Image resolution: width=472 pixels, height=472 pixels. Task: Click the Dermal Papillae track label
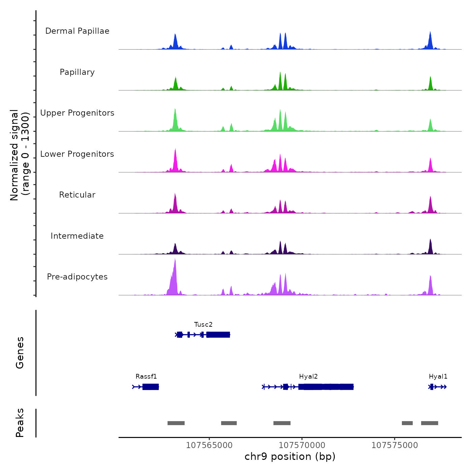click(77, 31)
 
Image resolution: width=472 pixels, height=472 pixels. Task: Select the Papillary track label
click(77, 72)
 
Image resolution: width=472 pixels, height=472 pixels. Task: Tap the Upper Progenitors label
click(77, 113)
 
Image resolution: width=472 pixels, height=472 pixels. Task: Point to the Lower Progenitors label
click(77, 154)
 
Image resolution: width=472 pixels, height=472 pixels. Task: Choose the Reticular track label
click(77, 195)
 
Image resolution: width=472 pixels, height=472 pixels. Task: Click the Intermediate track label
click(77, 236)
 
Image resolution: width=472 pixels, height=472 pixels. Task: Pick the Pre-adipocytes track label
click(77, 277)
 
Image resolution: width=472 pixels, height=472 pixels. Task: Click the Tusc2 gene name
click(203, 325)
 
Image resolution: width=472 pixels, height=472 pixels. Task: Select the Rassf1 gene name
click(146, 377)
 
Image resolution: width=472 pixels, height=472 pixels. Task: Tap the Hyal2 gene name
click(308, 377)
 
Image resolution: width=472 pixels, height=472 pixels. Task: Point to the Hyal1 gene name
click(438, 377)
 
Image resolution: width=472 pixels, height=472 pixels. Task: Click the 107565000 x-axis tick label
click(209, 445)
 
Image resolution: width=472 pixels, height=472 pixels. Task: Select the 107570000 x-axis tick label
click(302, 445)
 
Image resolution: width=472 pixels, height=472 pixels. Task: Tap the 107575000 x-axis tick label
click(394, 445)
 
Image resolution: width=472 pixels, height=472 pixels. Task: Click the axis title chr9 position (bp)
click(290, 456)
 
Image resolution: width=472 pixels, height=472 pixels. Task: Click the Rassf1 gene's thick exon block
click(150, 387)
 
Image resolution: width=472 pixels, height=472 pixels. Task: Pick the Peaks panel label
click(20, 423)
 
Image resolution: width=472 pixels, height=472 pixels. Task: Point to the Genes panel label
click(20, 353)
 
